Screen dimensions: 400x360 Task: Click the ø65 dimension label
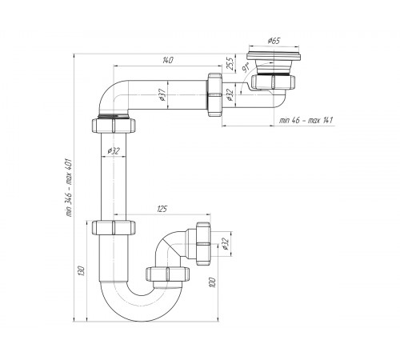coord(274,41)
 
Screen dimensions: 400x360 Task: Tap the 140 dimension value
coord(168,60)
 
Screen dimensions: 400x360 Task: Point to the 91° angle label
coord(246,67)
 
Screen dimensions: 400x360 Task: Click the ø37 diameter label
coord(162,94)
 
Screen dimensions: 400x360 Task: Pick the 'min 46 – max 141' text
coord(306,120)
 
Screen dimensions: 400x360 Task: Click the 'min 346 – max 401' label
coord(69,187)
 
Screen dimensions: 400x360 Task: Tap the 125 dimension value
coord(162,209)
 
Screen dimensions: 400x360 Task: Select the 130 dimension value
coord(82,270)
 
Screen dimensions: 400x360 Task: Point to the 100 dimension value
coord(213,282)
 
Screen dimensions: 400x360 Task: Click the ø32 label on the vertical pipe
coord(114,151)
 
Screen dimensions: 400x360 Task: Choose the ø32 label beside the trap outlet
coord(226,244)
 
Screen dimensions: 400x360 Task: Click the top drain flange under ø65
coord(274,56)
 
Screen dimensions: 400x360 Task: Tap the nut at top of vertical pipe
coord(114,126)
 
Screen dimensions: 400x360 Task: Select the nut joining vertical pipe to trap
coord(114,227)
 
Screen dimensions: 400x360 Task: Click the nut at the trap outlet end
coord(203,243)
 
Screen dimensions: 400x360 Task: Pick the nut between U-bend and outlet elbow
coord(168,274)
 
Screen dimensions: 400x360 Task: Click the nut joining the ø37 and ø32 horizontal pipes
coord(214,94)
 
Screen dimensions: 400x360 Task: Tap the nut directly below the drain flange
coord(273,82)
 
